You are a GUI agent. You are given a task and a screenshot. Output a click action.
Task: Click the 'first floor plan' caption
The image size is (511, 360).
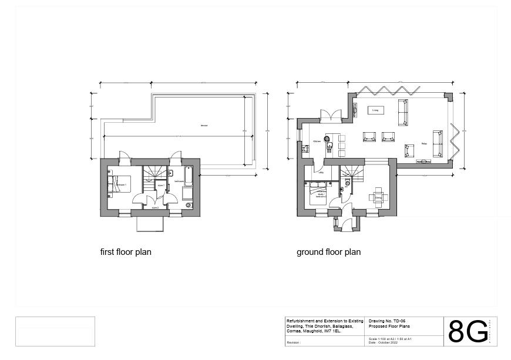[x=126, y=252]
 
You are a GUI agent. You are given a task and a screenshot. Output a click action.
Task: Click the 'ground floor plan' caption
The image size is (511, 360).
[x=328, y=252]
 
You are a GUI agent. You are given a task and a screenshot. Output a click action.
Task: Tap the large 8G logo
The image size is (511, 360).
[x=468, y=332]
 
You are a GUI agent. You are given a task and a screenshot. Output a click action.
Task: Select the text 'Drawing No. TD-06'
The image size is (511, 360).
[x=387, y=321]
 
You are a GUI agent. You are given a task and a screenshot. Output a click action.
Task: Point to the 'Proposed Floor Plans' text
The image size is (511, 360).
[x=389, y=326]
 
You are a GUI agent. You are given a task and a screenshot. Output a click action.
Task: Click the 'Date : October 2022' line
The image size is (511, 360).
[x=383, y=343]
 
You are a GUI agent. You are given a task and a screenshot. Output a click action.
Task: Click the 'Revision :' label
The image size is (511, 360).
[x=294, y=342]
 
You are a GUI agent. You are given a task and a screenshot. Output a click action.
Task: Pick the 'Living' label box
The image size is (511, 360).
[x=375, y=110]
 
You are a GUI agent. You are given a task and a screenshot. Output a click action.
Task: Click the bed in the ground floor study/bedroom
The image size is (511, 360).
[x=317, y=196]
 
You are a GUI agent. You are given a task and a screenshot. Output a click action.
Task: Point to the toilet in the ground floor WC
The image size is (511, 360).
[x=348, y=183]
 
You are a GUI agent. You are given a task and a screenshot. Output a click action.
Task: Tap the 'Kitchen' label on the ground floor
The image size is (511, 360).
[x=317, y=142]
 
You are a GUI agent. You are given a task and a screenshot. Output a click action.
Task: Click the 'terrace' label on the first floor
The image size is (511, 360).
[x=204, y=126]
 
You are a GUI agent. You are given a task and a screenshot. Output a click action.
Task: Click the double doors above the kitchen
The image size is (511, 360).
[x=331, y=115]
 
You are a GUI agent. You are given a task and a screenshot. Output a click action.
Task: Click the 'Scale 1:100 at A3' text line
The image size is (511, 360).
[x=390, y=339]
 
